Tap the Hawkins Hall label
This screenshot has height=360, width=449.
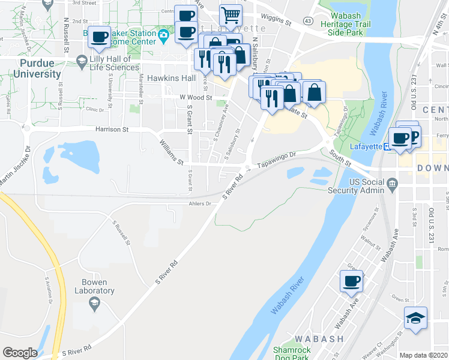pos(172,79)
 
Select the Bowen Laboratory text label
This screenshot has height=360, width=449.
pos(94,287)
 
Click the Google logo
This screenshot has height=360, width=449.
pos(20,353)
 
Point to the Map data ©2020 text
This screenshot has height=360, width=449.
pos(424,355)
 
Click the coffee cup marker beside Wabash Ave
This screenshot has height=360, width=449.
pos(351,281)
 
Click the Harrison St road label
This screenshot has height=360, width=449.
pos(112,129)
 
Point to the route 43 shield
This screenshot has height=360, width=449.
pos(307,21)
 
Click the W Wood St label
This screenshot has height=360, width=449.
pos(196,97)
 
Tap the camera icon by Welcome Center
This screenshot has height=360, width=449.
pos(163,35)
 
